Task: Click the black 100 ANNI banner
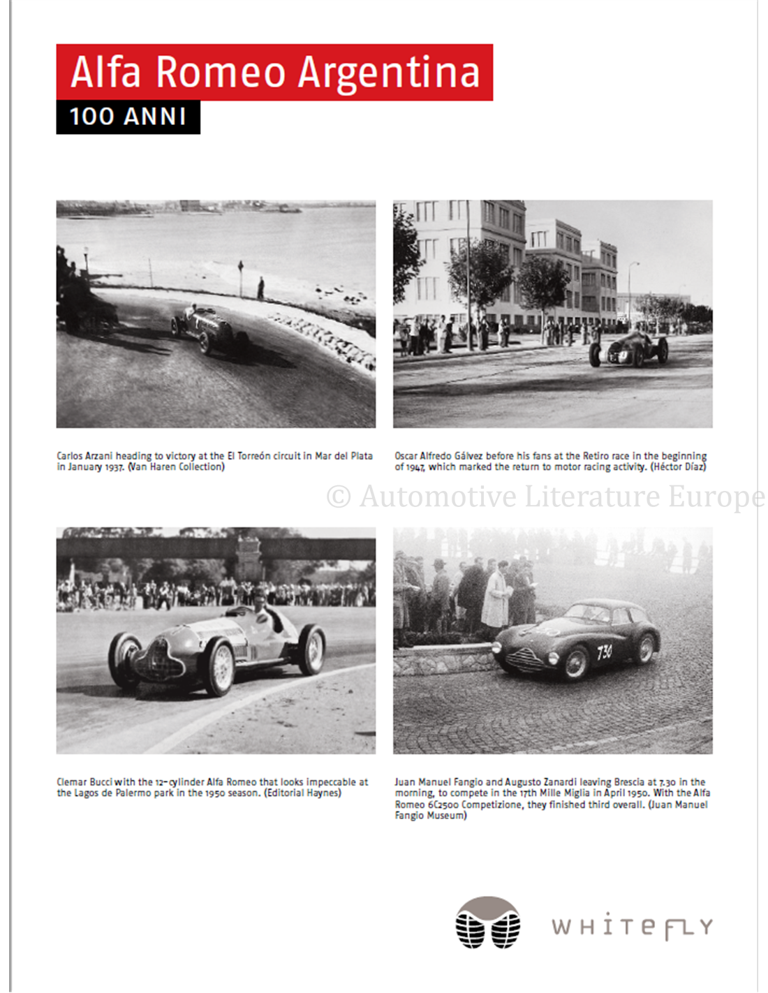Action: tap(128, 117)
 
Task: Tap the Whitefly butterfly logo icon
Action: tap(488, 922)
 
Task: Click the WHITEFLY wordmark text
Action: tap(632, 927)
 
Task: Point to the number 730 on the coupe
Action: tap(605, 652)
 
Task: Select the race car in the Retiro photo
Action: tap(628, 348)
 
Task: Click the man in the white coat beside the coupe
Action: tap(496, 598)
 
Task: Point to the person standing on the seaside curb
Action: tap(260, 288)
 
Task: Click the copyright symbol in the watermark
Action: tap(339, 496)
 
